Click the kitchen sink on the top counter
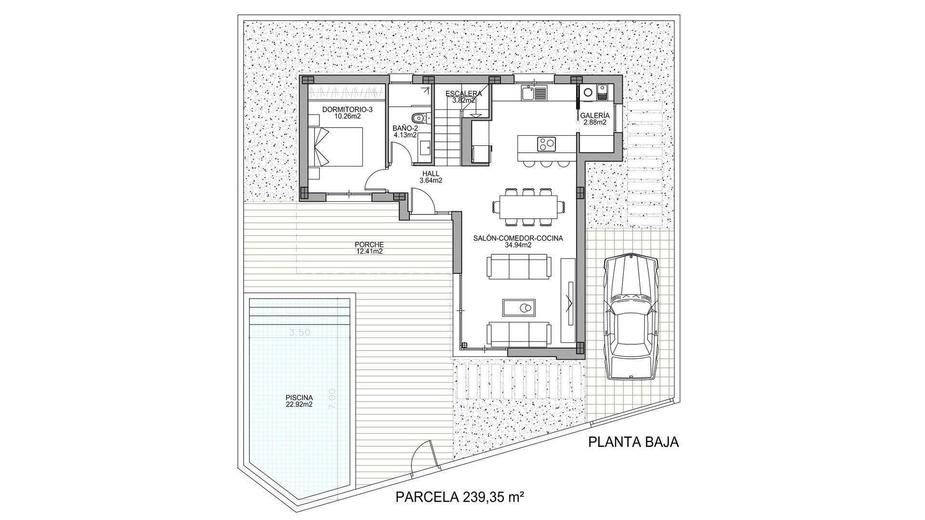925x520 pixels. tap(528, 92)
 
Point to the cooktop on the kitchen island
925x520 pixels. tap(546, 143)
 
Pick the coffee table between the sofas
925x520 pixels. tap(518, 307)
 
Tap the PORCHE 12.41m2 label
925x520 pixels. tap(369, 247)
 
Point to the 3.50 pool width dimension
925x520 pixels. tap(299, 332)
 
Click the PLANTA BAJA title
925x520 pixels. tap(633, 442)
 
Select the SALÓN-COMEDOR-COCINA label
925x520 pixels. tap(518, 241)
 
